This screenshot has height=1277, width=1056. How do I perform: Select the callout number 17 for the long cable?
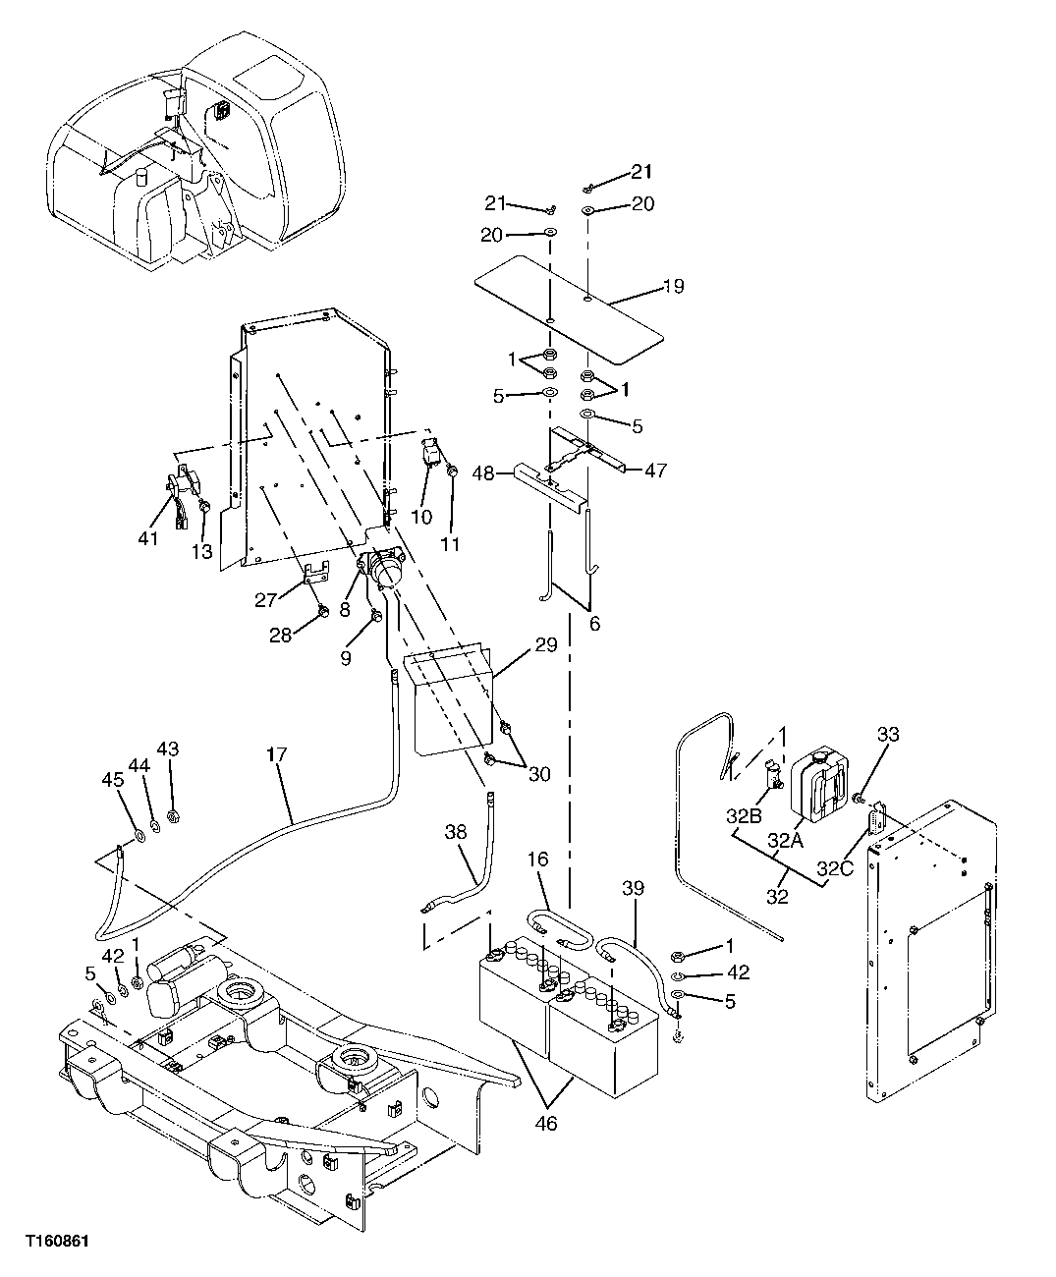click(276, 756)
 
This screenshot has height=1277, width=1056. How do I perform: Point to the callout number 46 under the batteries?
click(546, 1123)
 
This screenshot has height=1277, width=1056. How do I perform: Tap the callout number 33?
click(887, 735)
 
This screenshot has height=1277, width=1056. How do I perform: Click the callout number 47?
click(655, 471)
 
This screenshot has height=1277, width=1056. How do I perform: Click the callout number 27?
click(266, 600)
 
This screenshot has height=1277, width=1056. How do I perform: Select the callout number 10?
click(420, 517)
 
